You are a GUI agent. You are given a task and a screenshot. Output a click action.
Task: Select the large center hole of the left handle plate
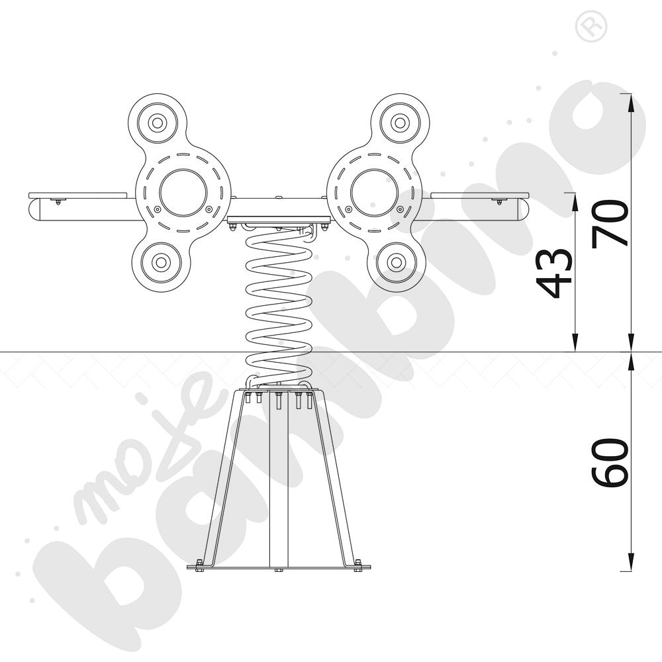pos(183,193)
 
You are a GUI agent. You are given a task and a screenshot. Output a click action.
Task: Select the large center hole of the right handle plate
pos(374,193)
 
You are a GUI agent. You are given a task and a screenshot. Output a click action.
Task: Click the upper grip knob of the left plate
pos(158,123)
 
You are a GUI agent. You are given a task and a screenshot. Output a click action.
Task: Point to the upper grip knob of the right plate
pos(400,123)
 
